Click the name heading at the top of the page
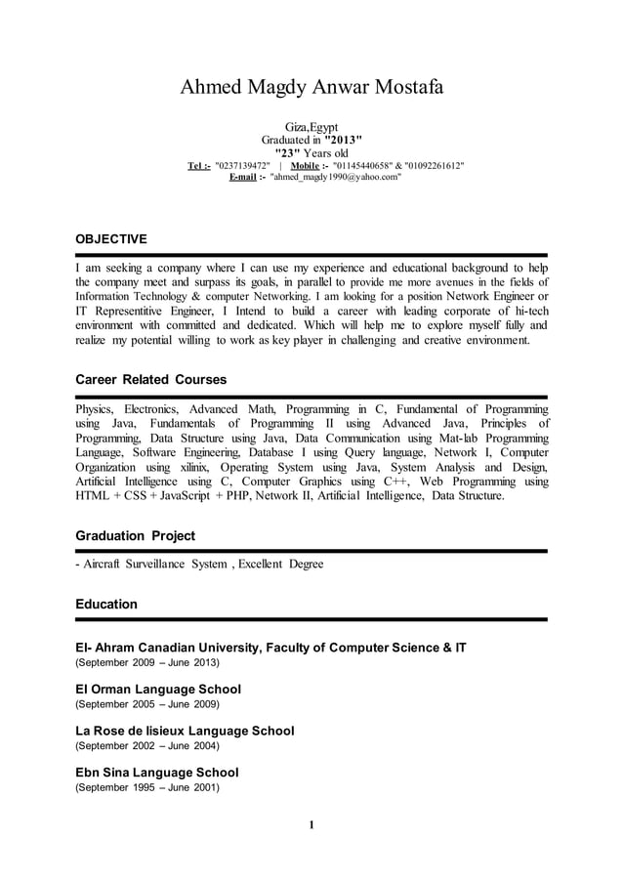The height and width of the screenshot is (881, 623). coord(311,88)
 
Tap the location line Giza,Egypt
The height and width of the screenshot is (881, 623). coord(311,128)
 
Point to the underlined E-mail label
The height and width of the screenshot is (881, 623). coord(242,179)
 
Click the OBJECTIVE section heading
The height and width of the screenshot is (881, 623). coord(111,239)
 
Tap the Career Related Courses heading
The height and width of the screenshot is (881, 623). coord(151,379)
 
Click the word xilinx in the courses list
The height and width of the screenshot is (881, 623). coord(200,468)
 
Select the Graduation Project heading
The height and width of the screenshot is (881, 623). coord(135,536)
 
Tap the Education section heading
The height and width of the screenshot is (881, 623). coord(106,605)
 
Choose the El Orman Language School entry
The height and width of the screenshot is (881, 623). coord(158,689)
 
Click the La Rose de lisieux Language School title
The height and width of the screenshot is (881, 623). coord(185,731)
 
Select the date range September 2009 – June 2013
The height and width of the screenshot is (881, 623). coord(147,662)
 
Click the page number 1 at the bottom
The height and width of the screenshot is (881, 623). coord(311,826)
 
